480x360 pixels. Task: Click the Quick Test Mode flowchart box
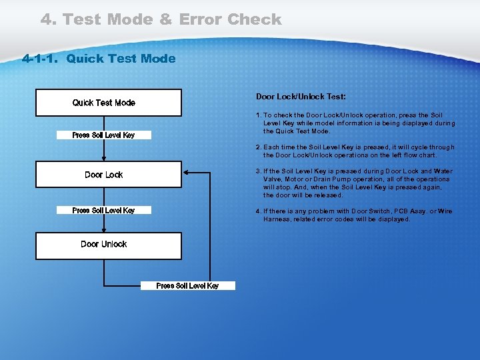[x=108, y=103]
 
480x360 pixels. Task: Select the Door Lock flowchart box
[x=108, y=174]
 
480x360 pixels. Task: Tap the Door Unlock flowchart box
[x=108, y=245]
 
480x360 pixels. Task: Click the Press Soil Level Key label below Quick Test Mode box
[x=103, y=135]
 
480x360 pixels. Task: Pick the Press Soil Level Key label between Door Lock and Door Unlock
[x=103, y=211]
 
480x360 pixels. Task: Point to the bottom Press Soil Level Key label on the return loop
[x=187, y=286]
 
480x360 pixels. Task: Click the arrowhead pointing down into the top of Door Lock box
[x=104, y=159]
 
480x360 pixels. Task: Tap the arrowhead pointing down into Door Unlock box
[x=104, y=229]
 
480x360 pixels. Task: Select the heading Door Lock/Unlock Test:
[x=301, y=97]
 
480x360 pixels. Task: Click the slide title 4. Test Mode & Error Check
[x=161, y=20]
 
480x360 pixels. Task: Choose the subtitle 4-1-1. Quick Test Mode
[x=99, y=59]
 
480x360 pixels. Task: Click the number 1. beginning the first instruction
[x=259, y=115]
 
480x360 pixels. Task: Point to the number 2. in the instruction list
[x=259, y=147]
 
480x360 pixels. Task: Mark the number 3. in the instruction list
[x=259, y=171]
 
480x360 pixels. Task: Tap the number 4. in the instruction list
[x=259, y=211]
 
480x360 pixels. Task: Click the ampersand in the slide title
[x=165, y=20]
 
